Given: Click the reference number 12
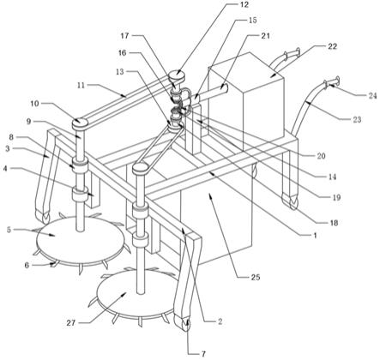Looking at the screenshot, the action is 244,5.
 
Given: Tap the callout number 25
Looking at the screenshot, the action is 256,277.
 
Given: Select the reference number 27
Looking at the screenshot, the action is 71,323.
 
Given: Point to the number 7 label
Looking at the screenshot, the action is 203,354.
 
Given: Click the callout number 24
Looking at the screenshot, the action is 372,96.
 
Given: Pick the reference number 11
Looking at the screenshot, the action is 81,85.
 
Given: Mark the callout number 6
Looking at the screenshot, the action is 27,266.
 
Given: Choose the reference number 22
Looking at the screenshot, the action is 333,46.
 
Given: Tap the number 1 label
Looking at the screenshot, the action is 315,236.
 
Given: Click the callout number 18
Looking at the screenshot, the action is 334,223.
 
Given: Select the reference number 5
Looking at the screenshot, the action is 9,230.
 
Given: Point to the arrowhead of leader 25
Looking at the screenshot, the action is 210,195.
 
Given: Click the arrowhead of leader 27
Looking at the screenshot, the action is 125,293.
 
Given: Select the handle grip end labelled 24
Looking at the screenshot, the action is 332,81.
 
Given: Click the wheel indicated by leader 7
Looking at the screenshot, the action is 185,325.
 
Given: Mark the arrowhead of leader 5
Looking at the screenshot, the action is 53,235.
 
